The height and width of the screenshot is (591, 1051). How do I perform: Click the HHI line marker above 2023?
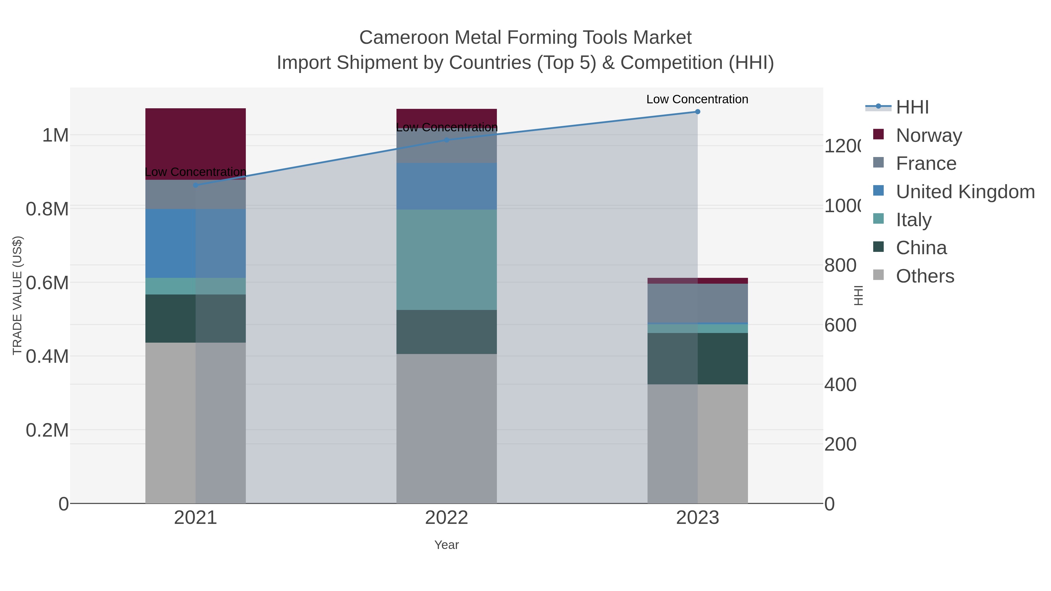click(697, 112)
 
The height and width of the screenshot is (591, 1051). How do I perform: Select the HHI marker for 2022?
click(447, 140)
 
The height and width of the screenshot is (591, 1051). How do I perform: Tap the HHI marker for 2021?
click(195, 185)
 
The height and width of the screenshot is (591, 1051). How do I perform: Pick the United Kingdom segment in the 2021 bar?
click(195, 243)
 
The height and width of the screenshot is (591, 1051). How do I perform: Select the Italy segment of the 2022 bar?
click(447, 260)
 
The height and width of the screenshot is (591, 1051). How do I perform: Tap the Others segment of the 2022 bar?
click(447, 428)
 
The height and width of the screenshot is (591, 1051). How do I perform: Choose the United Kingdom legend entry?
click(965, 192)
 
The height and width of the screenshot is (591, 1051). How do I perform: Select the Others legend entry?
click(925, 276)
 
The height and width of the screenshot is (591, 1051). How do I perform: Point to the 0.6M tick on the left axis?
click(47, 283)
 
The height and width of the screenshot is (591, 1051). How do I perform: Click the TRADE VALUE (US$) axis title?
click(18, 295)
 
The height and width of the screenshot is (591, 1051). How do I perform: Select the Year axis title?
click(447, 545)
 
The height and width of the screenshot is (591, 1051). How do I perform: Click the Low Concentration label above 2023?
click(697, 99)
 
